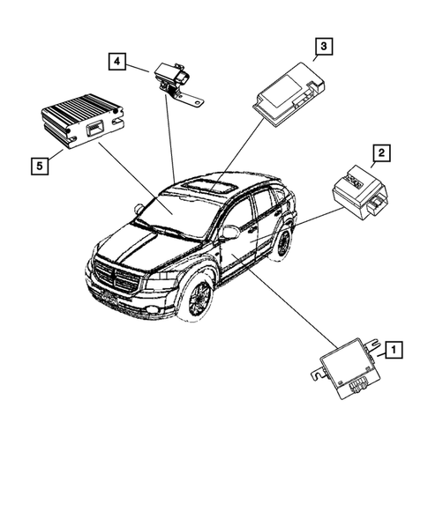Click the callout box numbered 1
[394, 351]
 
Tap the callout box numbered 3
[324, 46]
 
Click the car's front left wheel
[195, 297]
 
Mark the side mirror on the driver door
[229, 233]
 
